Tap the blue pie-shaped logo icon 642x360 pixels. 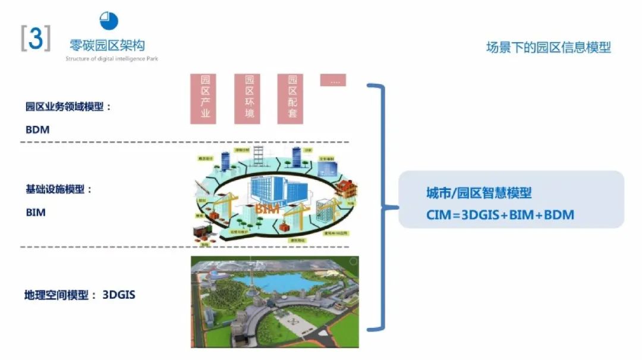pyautogui.click(x=109, y=21)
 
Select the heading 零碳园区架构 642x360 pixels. pyautogui.click(x=107, y=45)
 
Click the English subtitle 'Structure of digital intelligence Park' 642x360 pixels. pyautogui.click(x=112, y=59)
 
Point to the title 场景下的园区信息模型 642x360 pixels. pyautogui.click(x=548, y=48)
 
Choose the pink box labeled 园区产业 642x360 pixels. pyautogui.click(x=203, y=98)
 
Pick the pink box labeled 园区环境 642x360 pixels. pyautogui.click(x=247, y=98)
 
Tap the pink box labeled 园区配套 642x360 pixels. pyautogui.click(x=290, y=98)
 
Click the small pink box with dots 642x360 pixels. pyautogui.click(x=333, y=80)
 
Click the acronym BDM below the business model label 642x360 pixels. pyautogui.click(x=37, y=129)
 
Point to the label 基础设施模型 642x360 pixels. pyautogui.click(x=59, y=190)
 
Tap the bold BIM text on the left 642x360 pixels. pyautogui.click(x=36, y=211)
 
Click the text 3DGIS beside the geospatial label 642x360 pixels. pyautogui.click(x=119, y=294)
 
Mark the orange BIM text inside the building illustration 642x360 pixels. pyautogui.click(x=267, y=209)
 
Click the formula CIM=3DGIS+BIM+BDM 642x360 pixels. pyautogui.click(x=500, y=214)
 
